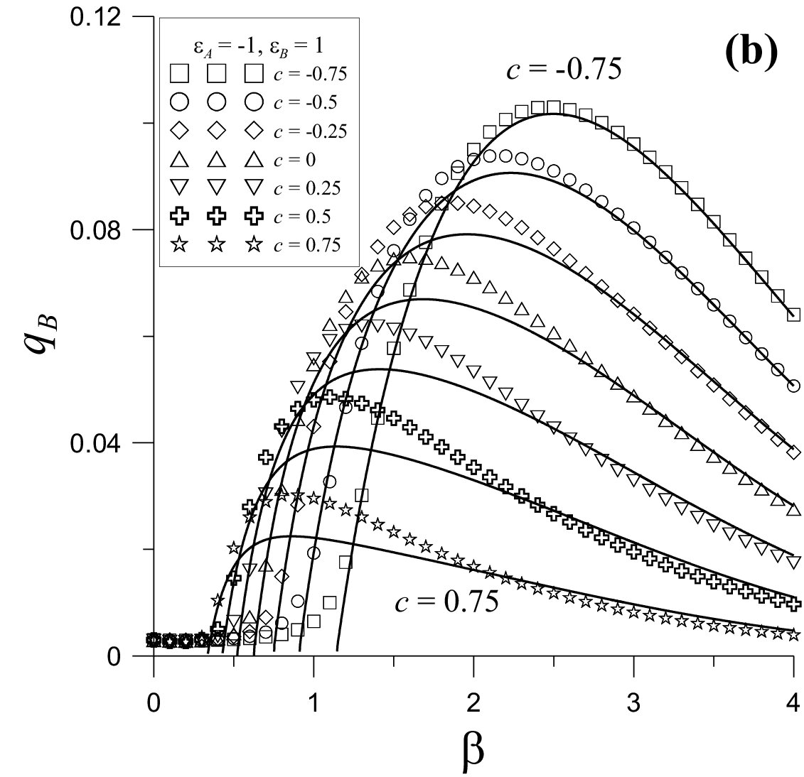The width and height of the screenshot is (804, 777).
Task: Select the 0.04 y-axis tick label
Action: pos(96,443)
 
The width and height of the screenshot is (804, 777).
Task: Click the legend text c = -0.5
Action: pos(305,102)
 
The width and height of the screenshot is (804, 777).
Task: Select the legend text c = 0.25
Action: pos(307,188)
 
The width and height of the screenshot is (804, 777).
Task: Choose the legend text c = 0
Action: pos(294,160)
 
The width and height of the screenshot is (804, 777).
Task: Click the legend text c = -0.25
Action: pos(310,131)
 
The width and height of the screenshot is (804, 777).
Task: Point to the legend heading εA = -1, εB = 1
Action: pos(259,46)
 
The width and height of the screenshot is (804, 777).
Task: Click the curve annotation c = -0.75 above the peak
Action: pos(564,69)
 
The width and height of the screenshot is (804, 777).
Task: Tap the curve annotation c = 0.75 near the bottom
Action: pos(446,602)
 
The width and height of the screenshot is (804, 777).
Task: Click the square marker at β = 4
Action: pos(793,315)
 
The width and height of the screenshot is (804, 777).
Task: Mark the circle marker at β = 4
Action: pos(793,386)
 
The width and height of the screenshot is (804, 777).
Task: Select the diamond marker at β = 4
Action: pos(793,452)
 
